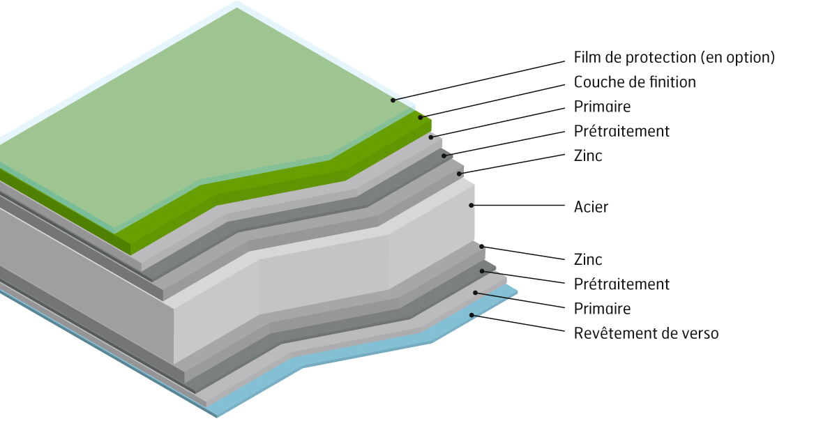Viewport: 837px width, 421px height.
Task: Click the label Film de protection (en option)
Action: pos(674,58)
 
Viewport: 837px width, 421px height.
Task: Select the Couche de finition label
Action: pos(635,82)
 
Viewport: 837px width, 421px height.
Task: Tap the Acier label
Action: pos(591,207)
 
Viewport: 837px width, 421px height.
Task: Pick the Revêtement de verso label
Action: pos(646,333)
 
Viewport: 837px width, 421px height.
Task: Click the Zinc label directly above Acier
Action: pos(588,156)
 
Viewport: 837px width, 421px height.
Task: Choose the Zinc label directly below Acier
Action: pos(588,260)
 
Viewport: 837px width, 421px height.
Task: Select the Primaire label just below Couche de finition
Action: pos(602,107)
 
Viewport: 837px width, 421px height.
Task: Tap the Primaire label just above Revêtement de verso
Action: pos(602,309)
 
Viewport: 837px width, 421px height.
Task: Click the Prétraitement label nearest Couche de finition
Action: pos(621,131)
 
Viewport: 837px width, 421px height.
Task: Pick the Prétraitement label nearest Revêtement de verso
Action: pos(621,284)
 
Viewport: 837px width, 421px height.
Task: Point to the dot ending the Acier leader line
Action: pos(472,205)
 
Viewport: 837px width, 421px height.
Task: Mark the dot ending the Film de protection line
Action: pos(393,100)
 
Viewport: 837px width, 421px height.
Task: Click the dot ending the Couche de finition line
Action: pos(421,117)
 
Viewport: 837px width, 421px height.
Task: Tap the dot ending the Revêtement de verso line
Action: pos(472,315)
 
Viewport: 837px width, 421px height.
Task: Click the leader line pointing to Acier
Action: pos(520,206)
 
